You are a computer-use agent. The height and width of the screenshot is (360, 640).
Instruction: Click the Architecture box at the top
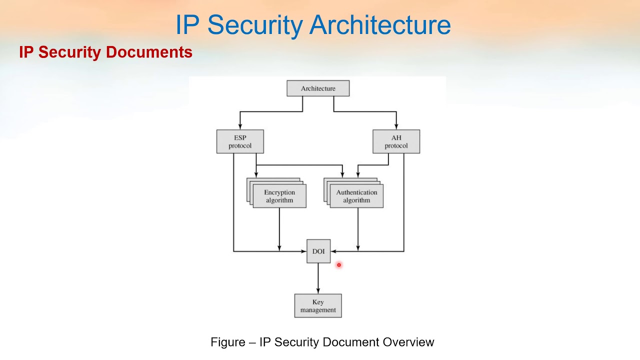[318, 88]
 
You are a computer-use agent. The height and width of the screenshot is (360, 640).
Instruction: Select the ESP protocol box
[240, 141]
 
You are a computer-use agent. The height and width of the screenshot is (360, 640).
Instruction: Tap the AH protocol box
[396, 141]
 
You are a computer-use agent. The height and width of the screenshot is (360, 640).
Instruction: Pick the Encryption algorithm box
[279, 196]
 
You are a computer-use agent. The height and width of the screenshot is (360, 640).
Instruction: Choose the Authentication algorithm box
[356, 196]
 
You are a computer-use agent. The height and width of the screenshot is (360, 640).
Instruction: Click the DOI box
[318, 251]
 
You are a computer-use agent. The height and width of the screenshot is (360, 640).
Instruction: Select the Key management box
[318, 305]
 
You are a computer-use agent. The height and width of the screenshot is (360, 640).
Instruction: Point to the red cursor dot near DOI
[338, 265]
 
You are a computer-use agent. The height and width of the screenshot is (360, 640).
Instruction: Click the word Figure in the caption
[228, 342]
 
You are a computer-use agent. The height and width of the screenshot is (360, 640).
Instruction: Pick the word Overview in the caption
[408, 342]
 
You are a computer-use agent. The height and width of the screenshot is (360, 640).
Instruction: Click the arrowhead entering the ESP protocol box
[240, 126]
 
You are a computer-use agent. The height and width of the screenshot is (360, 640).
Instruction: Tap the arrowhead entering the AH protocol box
[396, 126]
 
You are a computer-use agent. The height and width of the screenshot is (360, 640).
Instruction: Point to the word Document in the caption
[351, 342]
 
